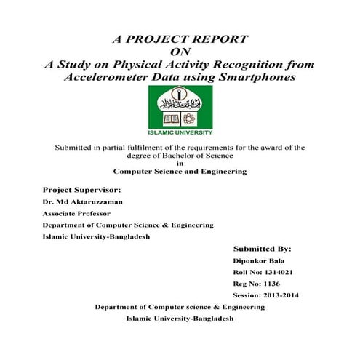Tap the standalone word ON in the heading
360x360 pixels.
pyautogui.click(x=180, y=52)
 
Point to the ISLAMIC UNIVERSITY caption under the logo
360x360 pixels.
pyautogui.click(x=180, y=133)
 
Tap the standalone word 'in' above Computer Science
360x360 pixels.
pyautogui.click(x=180, y=163)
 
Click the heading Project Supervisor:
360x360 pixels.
pyautogui.click(x=81, y=188)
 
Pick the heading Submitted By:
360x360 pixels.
pyautogui.click(x=263, y=248)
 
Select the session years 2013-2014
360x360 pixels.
pyautogui.click(x=277, y=295)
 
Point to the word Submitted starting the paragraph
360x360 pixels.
pyautogui.click(x=75, y=147)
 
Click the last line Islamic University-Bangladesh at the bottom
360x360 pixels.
pyautogui.click(x=180, y=319)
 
